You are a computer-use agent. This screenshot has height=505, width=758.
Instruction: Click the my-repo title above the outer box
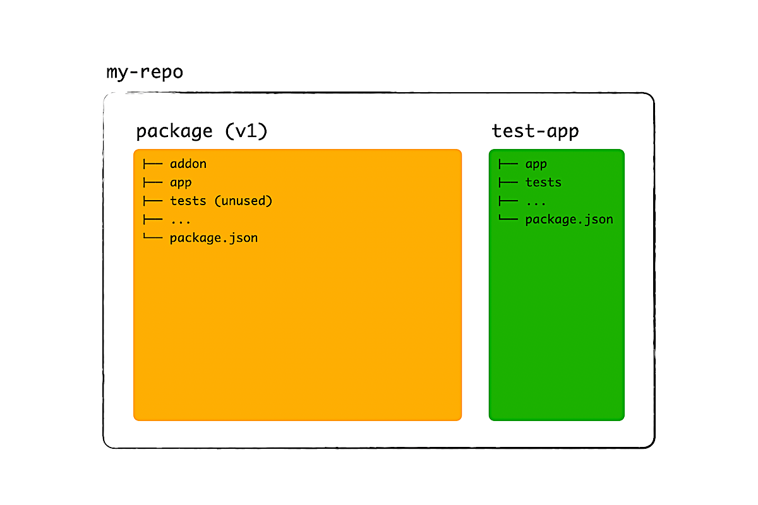click(145, 73)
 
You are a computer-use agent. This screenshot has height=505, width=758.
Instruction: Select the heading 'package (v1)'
click(202, 131)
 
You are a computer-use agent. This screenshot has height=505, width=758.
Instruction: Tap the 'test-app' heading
click(536, 131)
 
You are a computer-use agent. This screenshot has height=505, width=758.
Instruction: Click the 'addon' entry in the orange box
click(188, 164)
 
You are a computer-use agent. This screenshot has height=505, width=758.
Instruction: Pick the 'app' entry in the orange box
click(181, 183)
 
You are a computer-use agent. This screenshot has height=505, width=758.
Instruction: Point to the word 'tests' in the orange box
click(188, 201)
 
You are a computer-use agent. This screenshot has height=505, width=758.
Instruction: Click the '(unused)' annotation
click(243, 201)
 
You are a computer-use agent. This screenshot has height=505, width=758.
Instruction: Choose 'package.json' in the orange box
click(214, 238)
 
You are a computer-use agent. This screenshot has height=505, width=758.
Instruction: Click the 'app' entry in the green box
click(536, 165)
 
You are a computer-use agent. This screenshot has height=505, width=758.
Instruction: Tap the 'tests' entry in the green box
click(543, 182)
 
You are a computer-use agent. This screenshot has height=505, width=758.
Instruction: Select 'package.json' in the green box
click(569, 220)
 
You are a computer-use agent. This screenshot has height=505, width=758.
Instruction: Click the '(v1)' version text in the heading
click(246, 131)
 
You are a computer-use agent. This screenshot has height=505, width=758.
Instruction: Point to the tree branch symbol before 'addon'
click(153, 164)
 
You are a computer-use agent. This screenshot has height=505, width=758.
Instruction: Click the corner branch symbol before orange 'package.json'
click(153, 236)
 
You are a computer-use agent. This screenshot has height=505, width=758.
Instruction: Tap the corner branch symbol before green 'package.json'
click(508, 218)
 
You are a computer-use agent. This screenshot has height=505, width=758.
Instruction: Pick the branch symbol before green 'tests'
click(508, 182)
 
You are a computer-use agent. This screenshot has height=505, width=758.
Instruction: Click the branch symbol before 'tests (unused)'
click(153, 201)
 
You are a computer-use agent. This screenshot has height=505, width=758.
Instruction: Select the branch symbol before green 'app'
click(508, 164)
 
